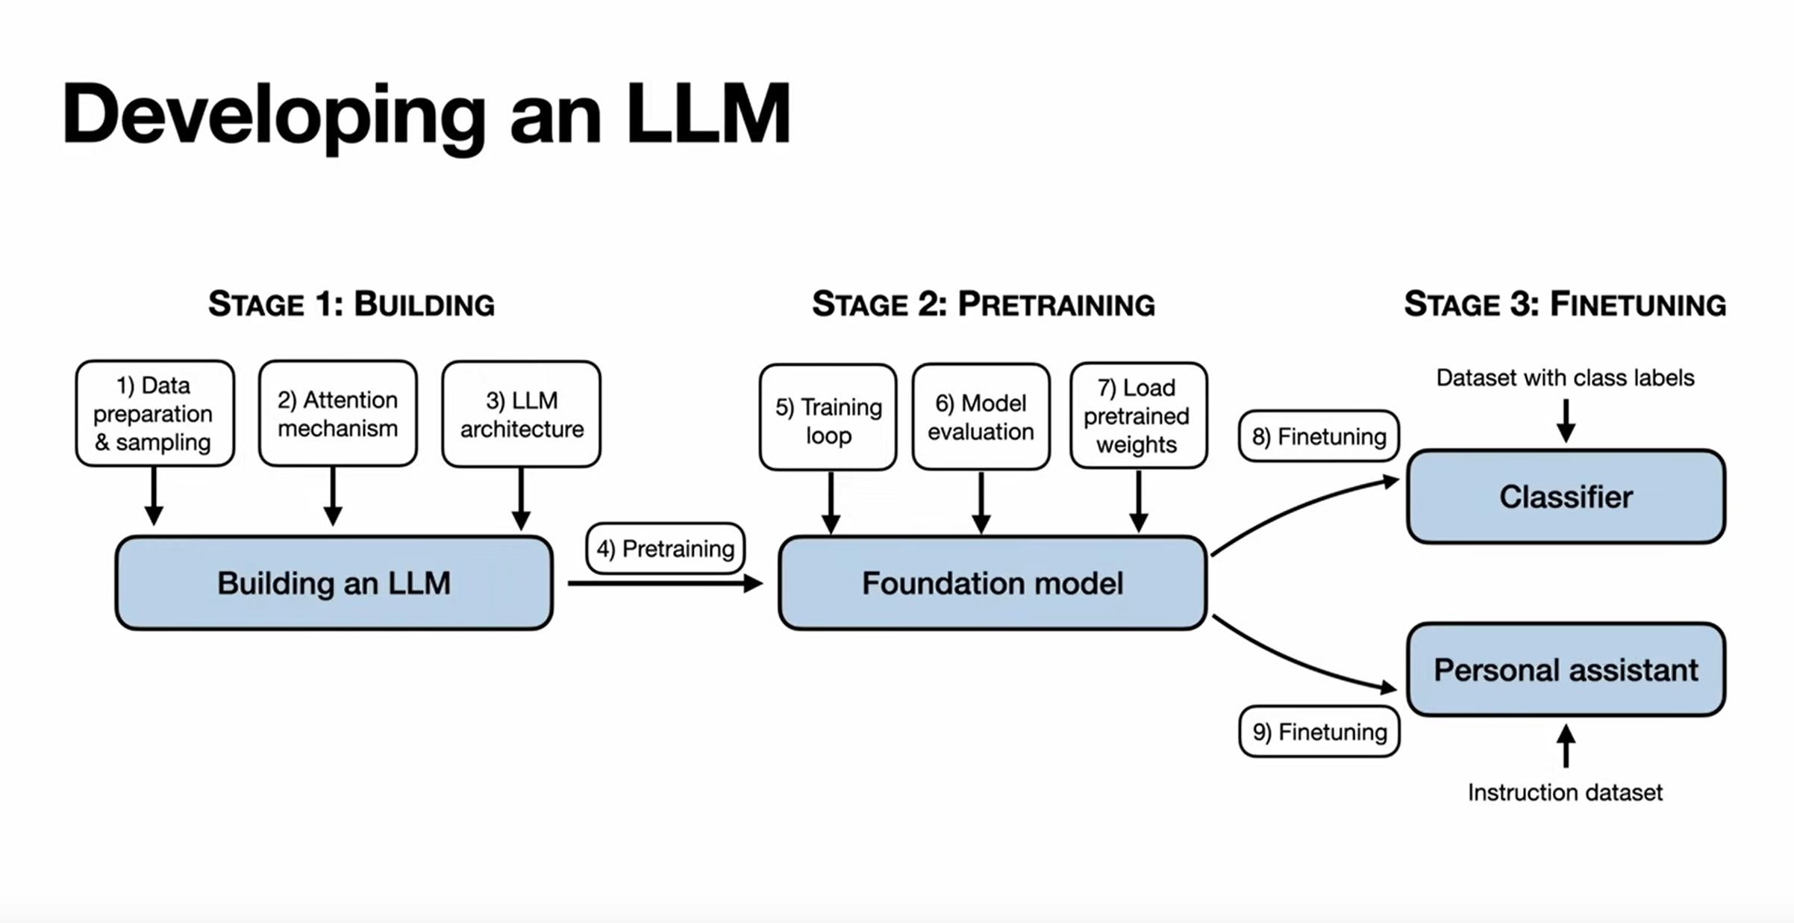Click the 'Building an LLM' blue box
(x=334, y=582)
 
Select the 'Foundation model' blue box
(x=993, y=582)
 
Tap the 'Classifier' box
(x=1566, y=497)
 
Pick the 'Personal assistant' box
(x=1566, y=670)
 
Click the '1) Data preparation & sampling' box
(x=154, y=414)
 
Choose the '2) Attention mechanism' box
(x=337, y=414)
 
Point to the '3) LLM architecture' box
(x=521, y=414)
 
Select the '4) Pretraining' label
(x=665, y=548)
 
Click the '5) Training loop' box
(x=828, y=417)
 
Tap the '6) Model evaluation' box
(x=981, y=417)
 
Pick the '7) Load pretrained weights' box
(x=1138, y=416)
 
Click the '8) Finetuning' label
(x=1319, y=436)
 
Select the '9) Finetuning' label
(x=1319, y=732)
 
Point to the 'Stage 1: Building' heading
(x=351, y=305)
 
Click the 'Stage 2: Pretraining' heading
(x=984, y=305)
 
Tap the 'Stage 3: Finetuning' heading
(x=1565, y=305)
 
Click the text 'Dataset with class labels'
(x=1565, y=378)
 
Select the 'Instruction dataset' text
(x=1565, y=792)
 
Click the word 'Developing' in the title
(x=275, y=116)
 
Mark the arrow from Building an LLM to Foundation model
(x=665, y=583)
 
